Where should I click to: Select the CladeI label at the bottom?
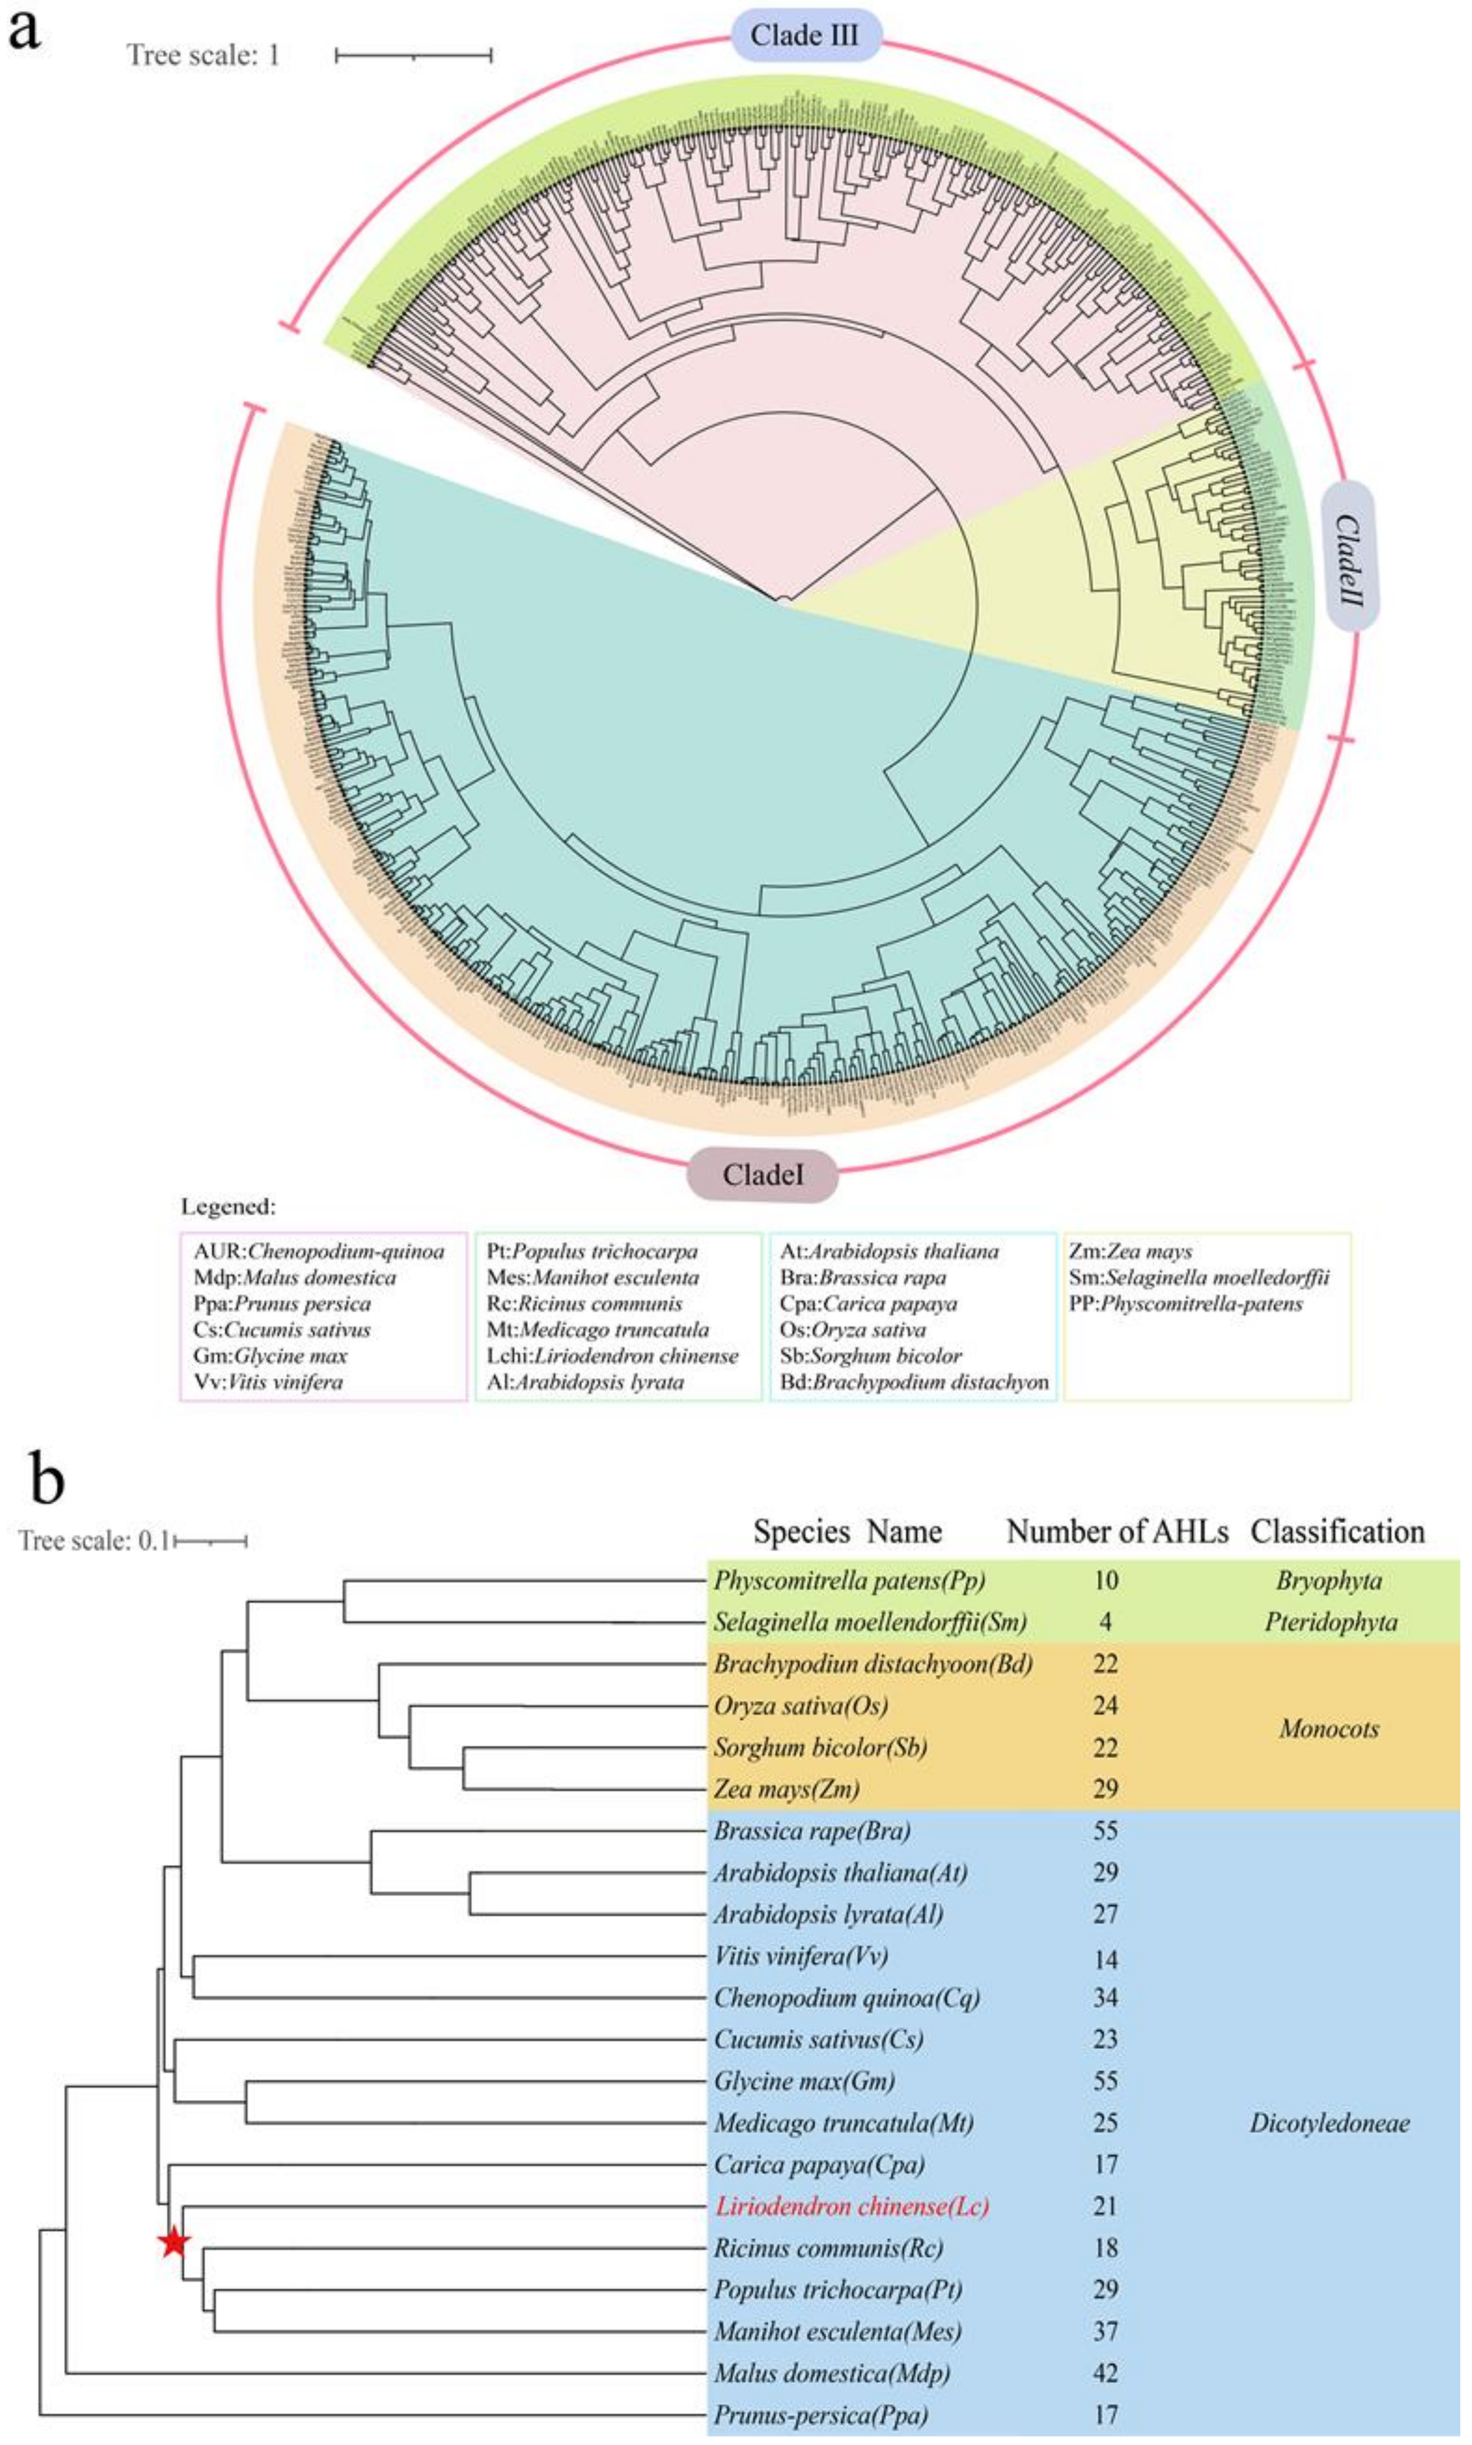coord(763,1175)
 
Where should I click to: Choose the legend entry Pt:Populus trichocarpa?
coord(592,1251)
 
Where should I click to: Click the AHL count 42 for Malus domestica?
coord(1105,2373)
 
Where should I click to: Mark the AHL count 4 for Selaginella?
coord(1105,1622)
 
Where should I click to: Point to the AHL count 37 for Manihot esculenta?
coord(1105,2331)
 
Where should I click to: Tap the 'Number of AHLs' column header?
coord(1117,1532)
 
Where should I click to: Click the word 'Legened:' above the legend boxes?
coord(228,1207)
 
